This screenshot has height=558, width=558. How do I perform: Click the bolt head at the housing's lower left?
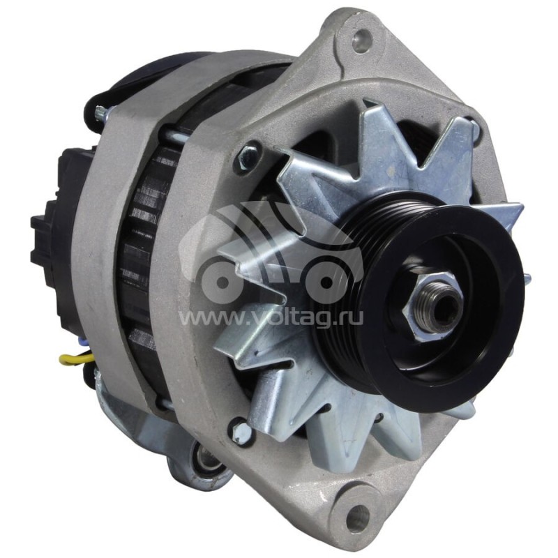pos(241,430)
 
